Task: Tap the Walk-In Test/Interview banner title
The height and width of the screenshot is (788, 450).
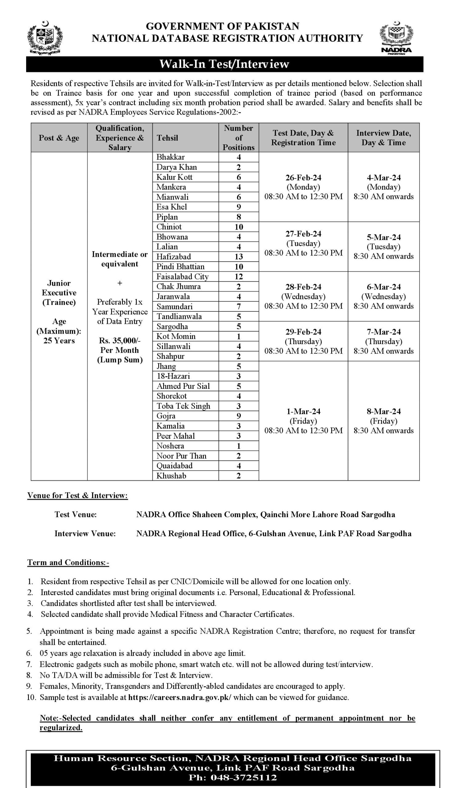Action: click(224, 64)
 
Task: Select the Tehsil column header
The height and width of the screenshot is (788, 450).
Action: click(167, 138)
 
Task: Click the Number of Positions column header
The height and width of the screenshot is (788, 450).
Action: click(238, 138)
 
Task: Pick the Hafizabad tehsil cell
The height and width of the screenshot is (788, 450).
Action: click(173, 256)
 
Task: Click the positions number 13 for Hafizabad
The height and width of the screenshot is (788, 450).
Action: click(239, 256)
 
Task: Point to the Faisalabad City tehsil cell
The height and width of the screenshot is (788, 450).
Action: click(182, 277)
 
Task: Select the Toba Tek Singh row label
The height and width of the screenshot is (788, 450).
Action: click(183, 406)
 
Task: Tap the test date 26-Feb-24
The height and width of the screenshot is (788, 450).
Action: click(303, 178)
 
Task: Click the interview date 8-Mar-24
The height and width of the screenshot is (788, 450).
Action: click(383, 411)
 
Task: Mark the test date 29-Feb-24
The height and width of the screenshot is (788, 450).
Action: click(303, 332)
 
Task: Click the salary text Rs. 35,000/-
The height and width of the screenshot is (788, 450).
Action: click(120, 340)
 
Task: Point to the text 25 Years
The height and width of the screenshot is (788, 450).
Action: click(59, 340)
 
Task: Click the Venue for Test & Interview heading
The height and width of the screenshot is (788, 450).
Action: click(78, 495)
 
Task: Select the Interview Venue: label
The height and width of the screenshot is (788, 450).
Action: click(85, 533)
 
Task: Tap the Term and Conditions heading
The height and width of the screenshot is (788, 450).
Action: click(68, 562)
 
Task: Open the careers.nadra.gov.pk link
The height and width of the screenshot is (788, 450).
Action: click(179, 697)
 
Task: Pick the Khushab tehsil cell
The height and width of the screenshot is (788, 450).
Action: click(171, 476)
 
